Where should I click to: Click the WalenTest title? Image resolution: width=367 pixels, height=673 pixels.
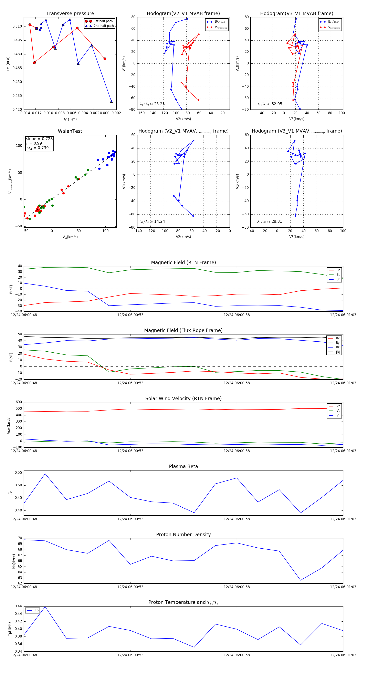pyautogui.click(x=70, y=131)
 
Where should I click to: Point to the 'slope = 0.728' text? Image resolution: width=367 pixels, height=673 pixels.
pyautogui.click(x=39, y=139)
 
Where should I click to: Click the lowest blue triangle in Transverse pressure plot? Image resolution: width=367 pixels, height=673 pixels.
pyautogui.click(x=111, y=101)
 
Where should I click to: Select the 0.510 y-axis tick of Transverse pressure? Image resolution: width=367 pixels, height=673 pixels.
pyautogui.click(x=17, y=26)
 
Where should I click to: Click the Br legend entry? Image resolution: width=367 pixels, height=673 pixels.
pyautogui.click(x=338, y=270)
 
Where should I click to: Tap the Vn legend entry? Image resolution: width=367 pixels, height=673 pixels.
pyautogui.click(x=338, y=415)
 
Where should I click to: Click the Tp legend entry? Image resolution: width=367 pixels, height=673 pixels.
pyautogui.click(x=36, y=610)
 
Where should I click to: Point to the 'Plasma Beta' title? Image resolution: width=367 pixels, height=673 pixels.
pyautogui.click(x=183, y=466)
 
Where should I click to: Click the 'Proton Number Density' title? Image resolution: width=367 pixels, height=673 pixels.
pyautogui.click(x=183, y=535)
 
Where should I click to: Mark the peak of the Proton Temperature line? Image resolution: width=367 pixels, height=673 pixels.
pyautogui.click(x=45, y=607)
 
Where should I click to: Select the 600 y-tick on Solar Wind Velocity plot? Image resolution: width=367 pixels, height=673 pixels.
pyautogui.click(x=19, y=402)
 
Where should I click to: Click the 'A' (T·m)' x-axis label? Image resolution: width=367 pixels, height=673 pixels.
pyautogui.click(x=70, y=119)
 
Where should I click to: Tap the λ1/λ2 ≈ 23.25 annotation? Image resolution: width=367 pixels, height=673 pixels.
pyautogui.click(x=152, y=104)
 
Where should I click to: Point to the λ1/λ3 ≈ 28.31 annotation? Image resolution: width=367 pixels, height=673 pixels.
pyautogui.click(x=269, y=221)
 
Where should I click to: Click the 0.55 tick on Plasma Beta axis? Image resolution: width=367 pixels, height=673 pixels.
pyautogui.click(x=19, y=473)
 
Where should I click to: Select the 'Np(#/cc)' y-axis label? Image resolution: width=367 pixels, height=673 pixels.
pyautogui.click(x=14, y=561)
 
